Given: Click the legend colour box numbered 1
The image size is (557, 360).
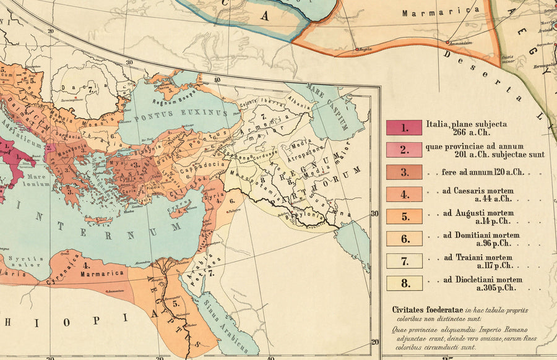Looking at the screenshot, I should pyautogui.click(x=404, y=127).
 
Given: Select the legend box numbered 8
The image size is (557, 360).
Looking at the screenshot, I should pyautogui.click(x=404, y=283).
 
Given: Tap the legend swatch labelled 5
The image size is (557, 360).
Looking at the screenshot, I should pyautogui.click(x=404, y=216).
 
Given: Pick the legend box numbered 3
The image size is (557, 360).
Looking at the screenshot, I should pyautogui.click(x=404, y=172).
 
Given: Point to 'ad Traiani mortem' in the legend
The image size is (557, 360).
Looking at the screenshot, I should pyautogui.click(x=478, y=257).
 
